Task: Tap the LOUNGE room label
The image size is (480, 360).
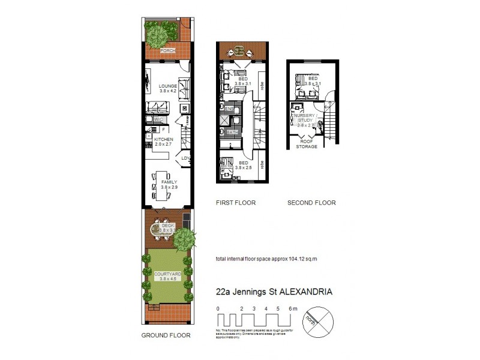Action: pos(167,86)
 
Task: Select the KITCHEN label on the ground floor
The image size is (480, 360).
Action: pos(163,139)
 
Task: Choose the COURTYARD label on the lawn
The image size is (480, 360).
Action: pos(167,274)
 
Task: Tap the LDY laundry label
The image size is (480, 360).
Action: pos(186,159)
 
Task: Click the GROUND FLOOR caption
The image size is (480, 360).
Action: pos(166,335)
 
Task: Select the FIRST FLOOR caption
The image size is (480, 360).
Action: pos(236,203)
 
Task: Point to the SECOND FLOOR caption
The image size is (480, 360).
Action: pos(311,203)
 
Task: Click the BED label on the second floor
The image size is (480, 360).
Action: pos(313,79)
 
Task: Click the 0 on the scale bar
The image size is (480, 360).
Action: pos(218,308)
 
